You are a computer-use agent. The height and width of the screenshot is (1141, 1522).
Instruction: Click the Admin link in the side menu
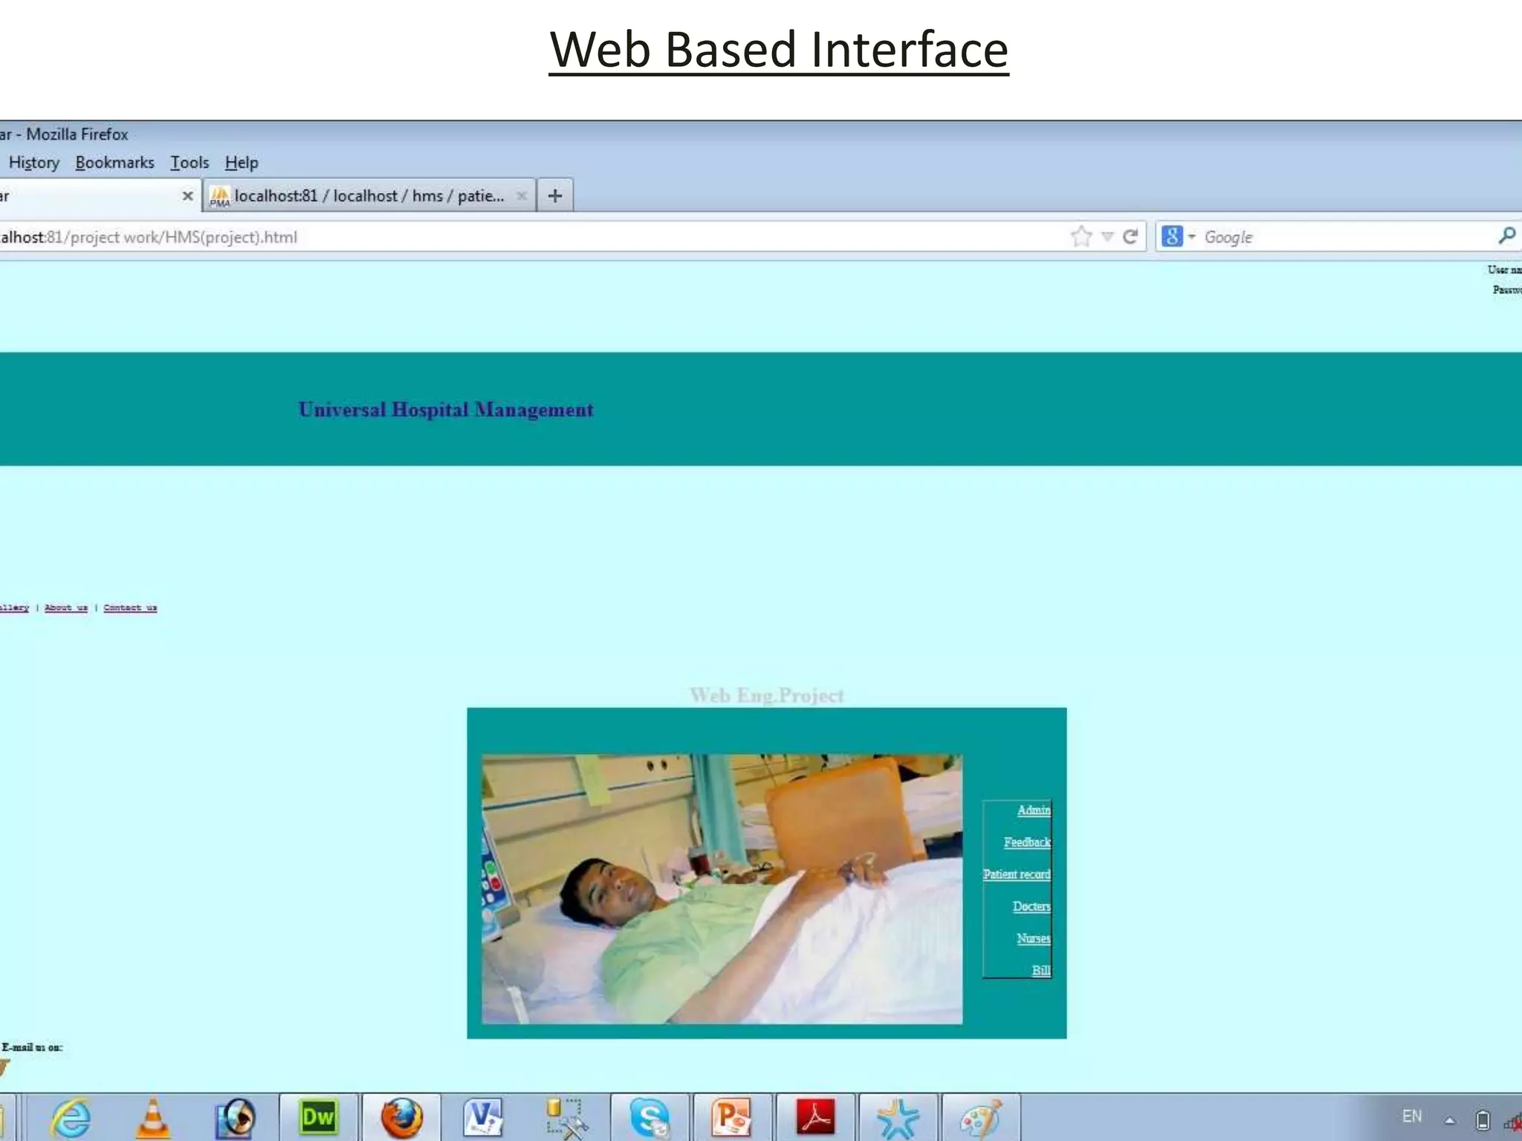pos(1033,810)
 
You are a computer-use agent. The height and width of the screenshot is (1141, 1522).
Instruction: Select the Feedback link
pos(1026,842)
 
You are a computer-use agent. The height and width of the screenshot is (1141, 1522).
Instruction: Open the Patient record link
pos(1016,874)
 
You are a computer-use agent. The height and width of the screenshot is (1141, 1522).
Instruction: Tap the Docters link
pos(1031,906)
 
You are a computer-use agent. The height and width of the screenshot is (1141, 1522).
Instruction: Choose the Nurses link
pos(1033,938)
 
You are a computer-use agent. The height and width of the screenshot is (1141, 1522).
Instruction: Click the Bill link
pos(1040,970)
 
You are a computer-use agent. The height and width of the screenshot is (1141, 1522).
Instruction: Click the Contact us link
pos(130,608)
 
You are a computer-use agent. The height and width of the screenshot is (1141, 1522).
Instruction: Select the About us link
pos(66,608)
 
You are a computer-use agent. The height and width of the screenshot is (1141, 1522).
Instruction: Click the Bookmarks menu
pos(114,163)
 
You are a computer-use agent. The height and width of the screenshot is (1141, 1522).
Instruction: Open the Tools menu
pos(190,163)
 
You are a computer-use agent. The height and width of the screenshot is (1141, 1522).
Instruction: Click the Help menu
pos(242,163)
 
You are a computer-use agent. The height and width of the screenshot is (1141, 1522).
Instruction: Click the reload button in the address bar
pos(1130,237)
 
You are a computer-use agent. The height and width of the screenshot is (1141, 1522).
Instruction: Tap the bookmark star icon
pos(1081,237)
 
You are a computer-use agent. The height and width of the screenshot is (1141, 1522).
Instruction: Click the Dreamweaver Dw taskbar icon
pos(318,1117)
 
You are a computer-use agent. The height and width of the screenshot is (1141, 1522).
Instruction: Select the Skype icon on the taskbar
pos(650,1117)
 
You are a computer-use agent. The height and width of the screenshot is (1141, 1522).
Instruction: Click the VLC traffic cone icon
pos(153,1117)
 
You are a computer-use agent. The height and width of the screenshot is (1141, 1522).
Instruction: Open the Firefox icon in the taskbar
pos(401,1117)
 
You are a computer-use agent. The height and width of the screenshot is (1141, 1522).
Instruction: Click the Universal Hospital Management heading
pos(446,410)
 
